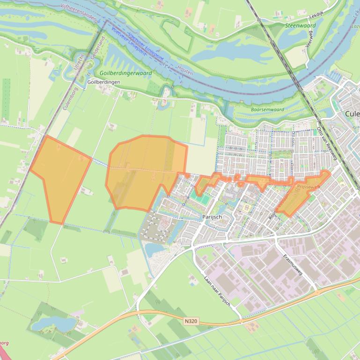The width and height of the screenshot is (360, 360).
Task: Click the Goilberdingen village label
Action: pyautogui.click(x=104, y=82)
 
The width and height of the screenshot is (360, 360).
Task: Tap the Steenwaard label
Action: pyautogui.click(x=301, y=26)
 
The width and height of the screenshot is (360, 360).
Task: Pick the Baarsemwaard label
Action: pyautogui.click(x=267, y=110)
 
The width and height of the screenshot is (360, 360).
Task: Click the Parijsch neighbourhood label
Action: pyautogui.click(x=212, y=217)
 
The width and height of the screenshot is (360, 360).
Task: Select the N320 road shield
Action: pyautogui.click(x=191, y=321)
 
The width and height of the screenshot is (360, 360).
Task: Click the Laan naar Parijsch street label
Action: pyautogui.click(x=217, y=290)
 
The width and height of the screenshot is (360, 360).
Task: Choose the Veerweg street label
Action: pyautogui.click(x=309, y=40)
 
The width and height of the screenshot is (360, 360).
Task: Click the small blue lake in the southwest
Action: pyautogui.click(x=52, y=323)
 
